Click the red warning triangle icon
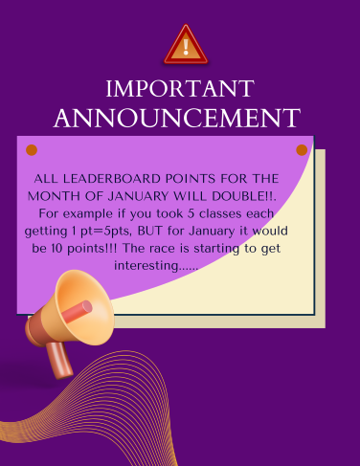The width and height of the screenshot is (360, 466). coord(185,46)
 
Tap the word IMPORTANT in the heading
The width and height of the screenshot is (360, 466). coord(179,90)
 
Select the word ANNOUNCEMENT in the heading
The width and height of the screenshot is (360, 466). coord(177,119)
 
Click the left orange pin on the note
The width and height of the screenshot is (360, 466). coord(32,150)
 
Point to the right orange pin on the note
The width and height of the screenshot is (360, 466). coord(303,150)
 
